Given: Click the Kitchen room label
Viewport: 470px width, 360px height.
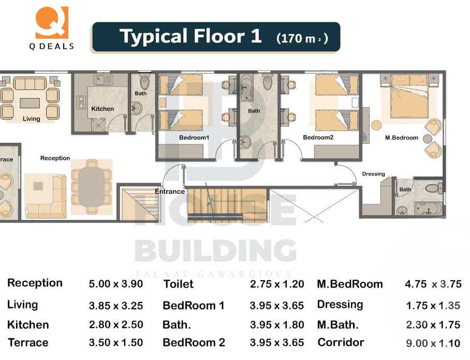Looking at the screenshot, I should click(x=102, y=109).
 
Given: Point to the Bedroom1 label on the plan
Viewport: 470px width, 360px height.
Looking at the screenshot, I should click(x=194, y=138).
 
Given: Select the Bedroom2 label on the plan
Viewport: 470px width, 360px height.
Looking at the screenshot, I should click(x=318, y=138).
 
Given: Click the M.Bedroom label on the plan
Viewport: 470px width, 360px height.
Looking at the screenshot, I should click(x=402, y=138).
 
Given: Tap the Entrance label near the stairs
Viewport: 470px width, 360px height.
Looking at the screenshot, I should click(x=170, y=192).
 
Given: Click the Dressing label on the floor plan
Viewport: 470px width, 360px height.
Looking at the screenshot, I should click(x=373, y=174).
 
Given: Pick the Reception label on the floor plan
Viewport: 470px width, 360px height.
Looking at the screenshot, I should click(x=55, y=158).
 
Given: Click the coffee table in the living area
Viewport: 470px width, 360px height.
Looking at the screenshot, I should click(x=31, y=103).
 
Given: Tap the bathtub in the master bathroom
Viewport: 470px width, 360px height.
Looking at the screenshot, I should click(x=428, y=209).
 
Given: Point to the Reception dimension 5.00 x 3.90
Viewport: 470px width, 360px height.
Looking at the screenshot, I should click(x=116, y=284).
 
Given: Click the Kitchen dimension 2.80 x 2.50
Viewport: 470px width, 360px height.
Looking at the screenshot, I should click(x=116, y=325).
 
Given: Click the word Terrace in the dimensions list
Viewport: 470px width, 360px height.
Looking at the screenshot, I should click(x=28, y=342).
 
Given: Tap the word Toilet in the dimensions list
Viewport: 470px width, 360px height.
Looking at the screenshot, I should click(x=178, y=284).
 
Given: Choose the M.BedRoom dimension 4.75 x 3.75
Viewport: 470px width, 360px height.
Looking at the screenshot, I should click(x=432, y=284).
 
